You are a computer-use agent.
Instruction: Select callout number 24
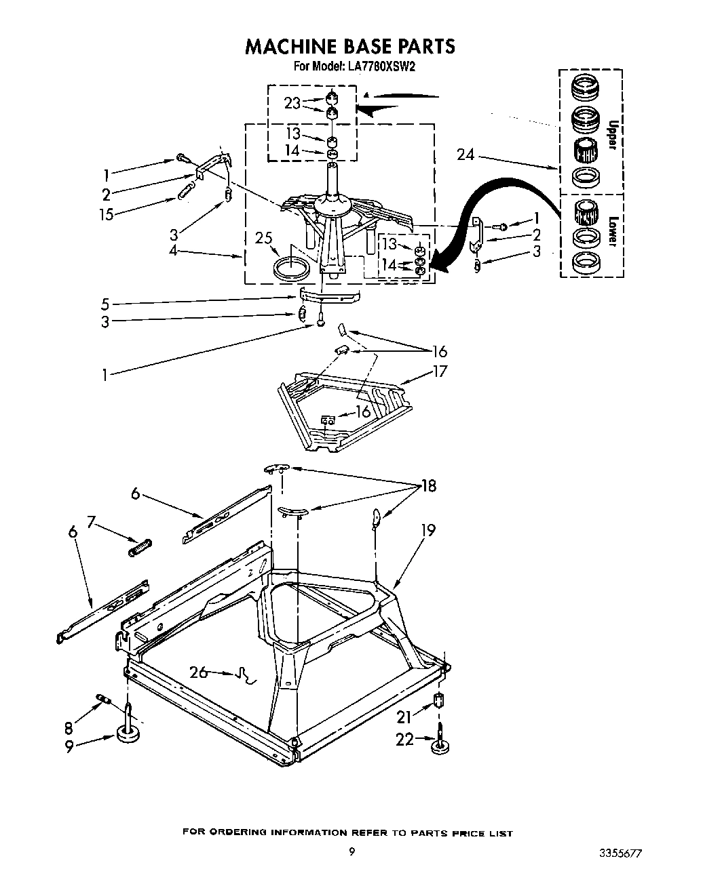point(465,155)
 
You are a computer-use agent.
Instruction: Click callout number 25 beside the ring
point(265,238)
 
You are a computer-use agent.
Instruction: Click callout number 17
point(440,371)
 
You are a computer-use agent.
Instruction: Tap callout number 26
point(199,672)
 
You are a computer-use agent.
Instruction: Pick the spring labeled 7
point(140,546)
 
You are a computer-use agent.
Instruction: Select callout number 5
point(105,304)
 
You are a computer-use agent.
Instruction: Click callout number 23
point(292,103)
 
